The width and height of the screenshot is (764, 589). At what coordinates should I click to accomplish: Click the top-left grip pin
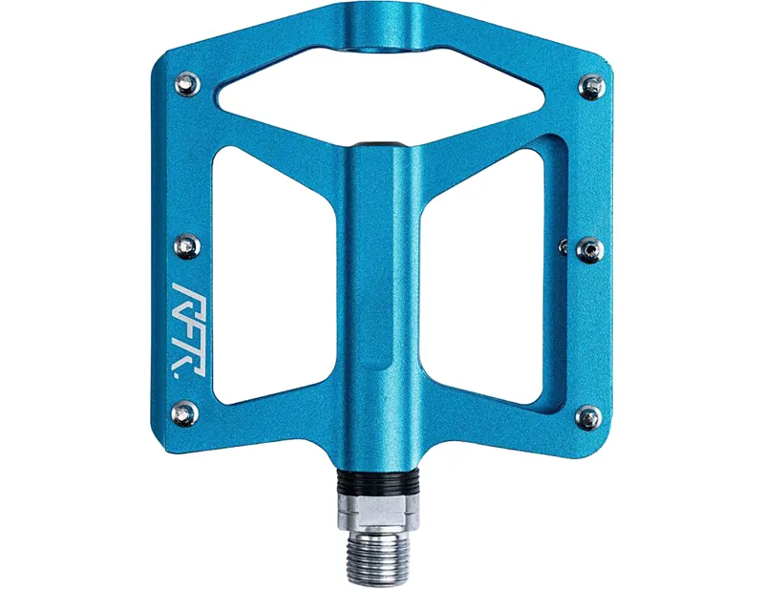[186, 86]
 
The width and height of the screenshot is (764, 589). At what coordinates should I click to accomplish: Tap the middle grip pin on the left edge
[187, 246]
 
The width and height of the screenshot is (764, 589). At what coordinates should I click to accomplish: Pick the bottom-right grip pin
[588, 416]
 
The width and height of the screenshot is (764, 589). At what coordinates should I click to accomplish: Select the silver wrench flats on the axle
[382, 509]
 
